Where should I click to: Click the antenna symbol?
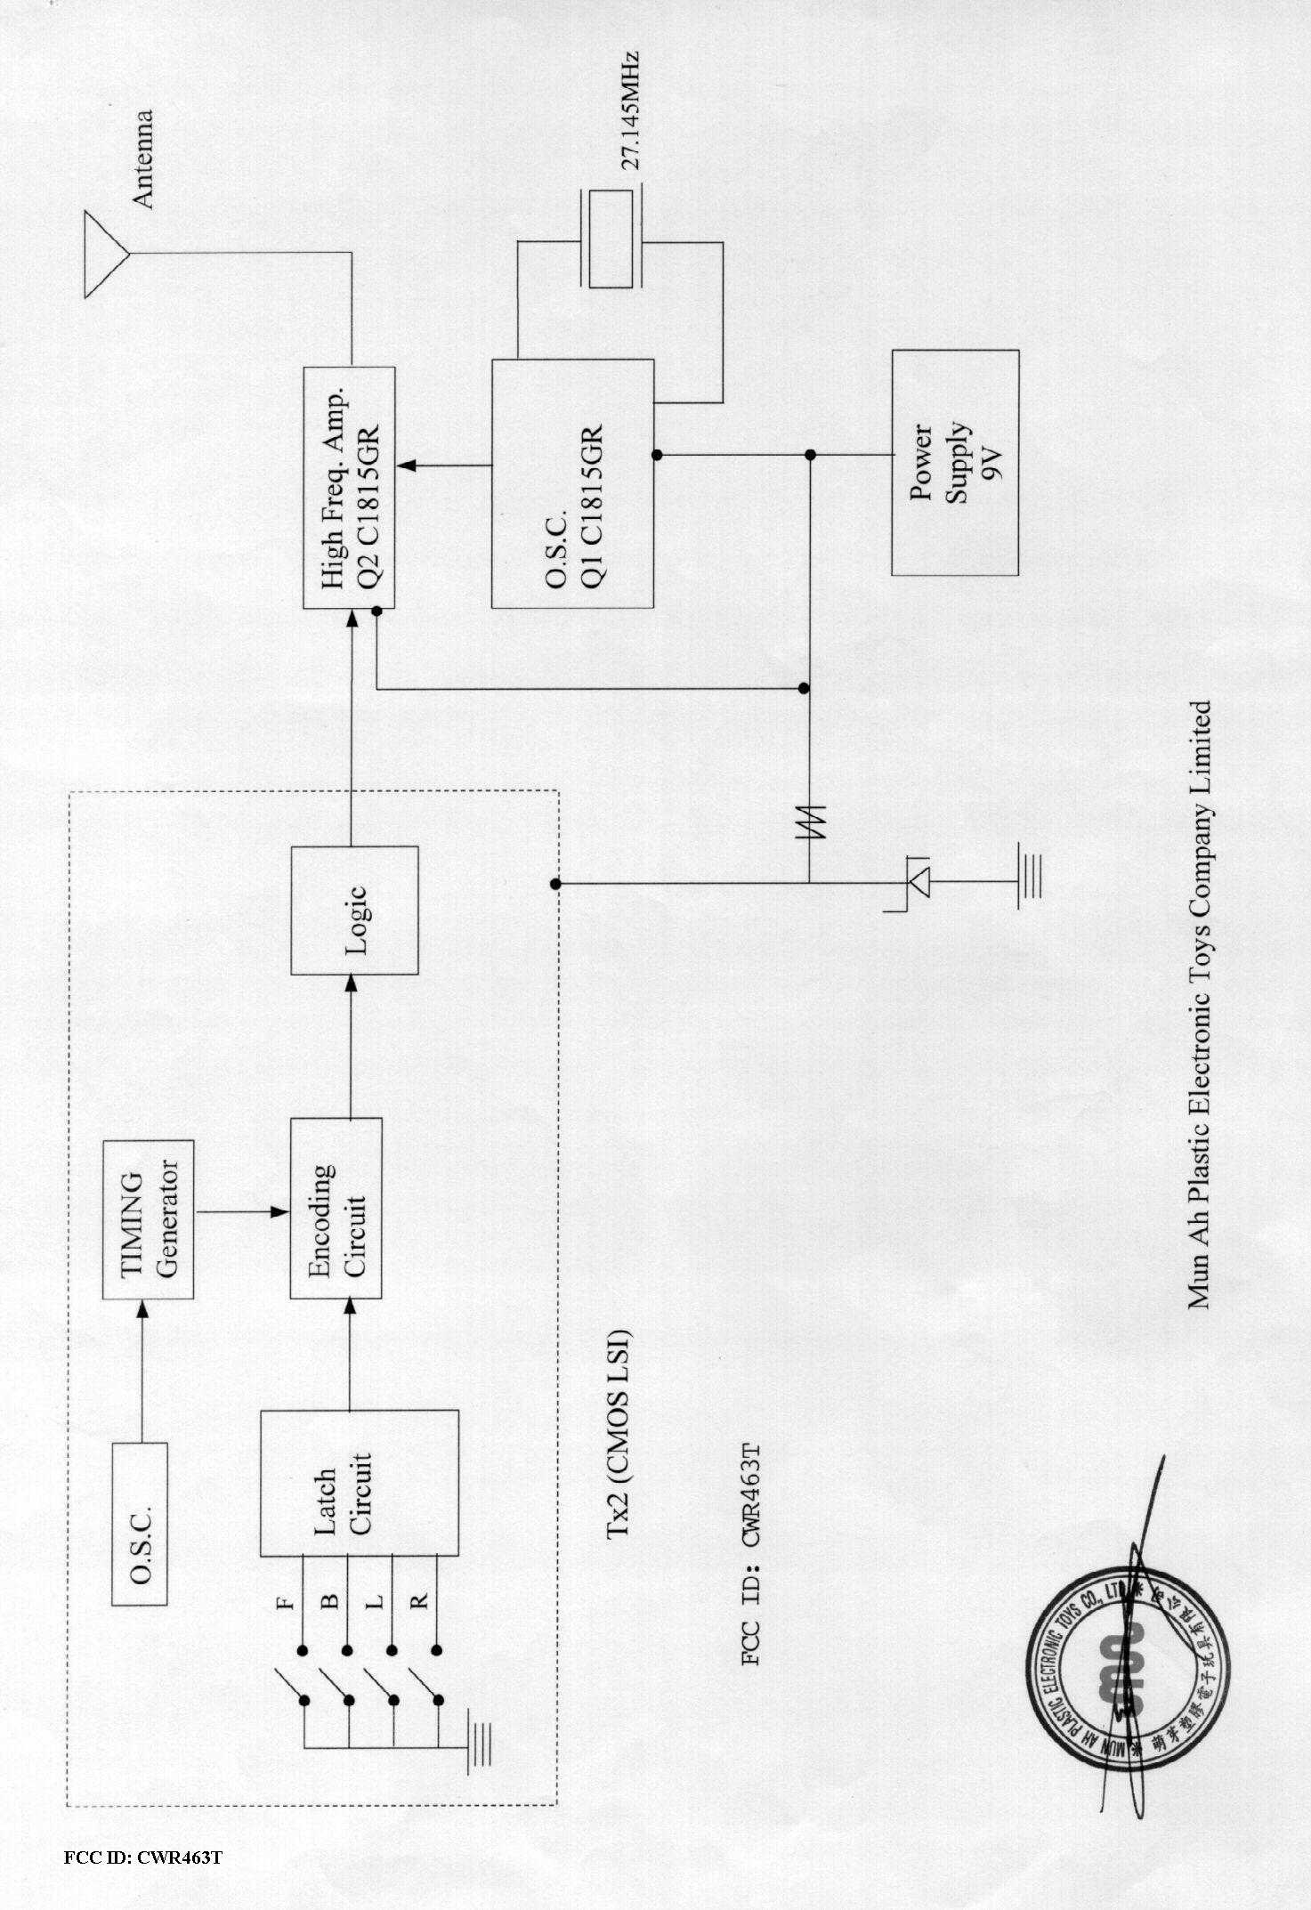click(x=106, y=255)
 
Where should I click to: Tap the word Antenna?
click(x=142, y=160)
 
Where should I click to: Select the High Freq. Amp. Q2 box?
click(x=349, y=487)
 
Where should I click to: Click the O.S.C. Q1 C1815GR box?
click(x=572, y=483)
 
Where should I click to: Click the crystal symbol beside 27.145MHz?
click(x=611, y=239)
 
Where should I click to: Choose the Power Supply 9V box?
click(x=955, y=462)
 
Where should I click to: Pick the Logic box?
click(x=354, y=910)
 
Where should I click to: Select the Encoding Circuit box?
click(x=336, y=1208)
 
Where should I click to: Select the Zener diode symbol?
click(x=915, y=883)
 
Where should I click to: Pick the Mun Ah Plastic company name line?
click(x=1199, y=1004)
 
